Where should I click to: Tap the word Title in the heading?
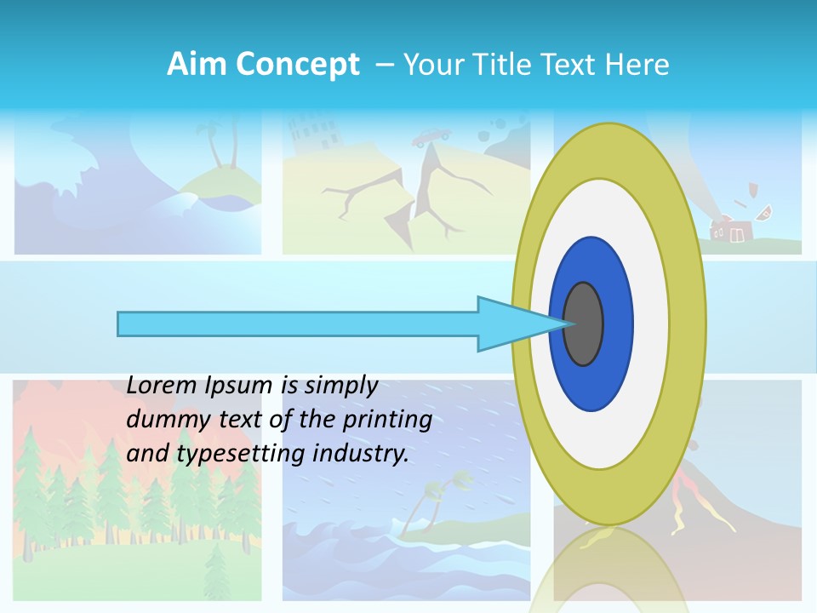[x=511, y=65]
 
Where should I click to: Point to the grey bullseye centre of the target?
[x=583, y=324]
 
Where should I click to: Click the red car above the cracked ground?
[x=432, y=135]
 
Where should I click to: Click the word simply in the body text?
[x=340, y=386]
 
